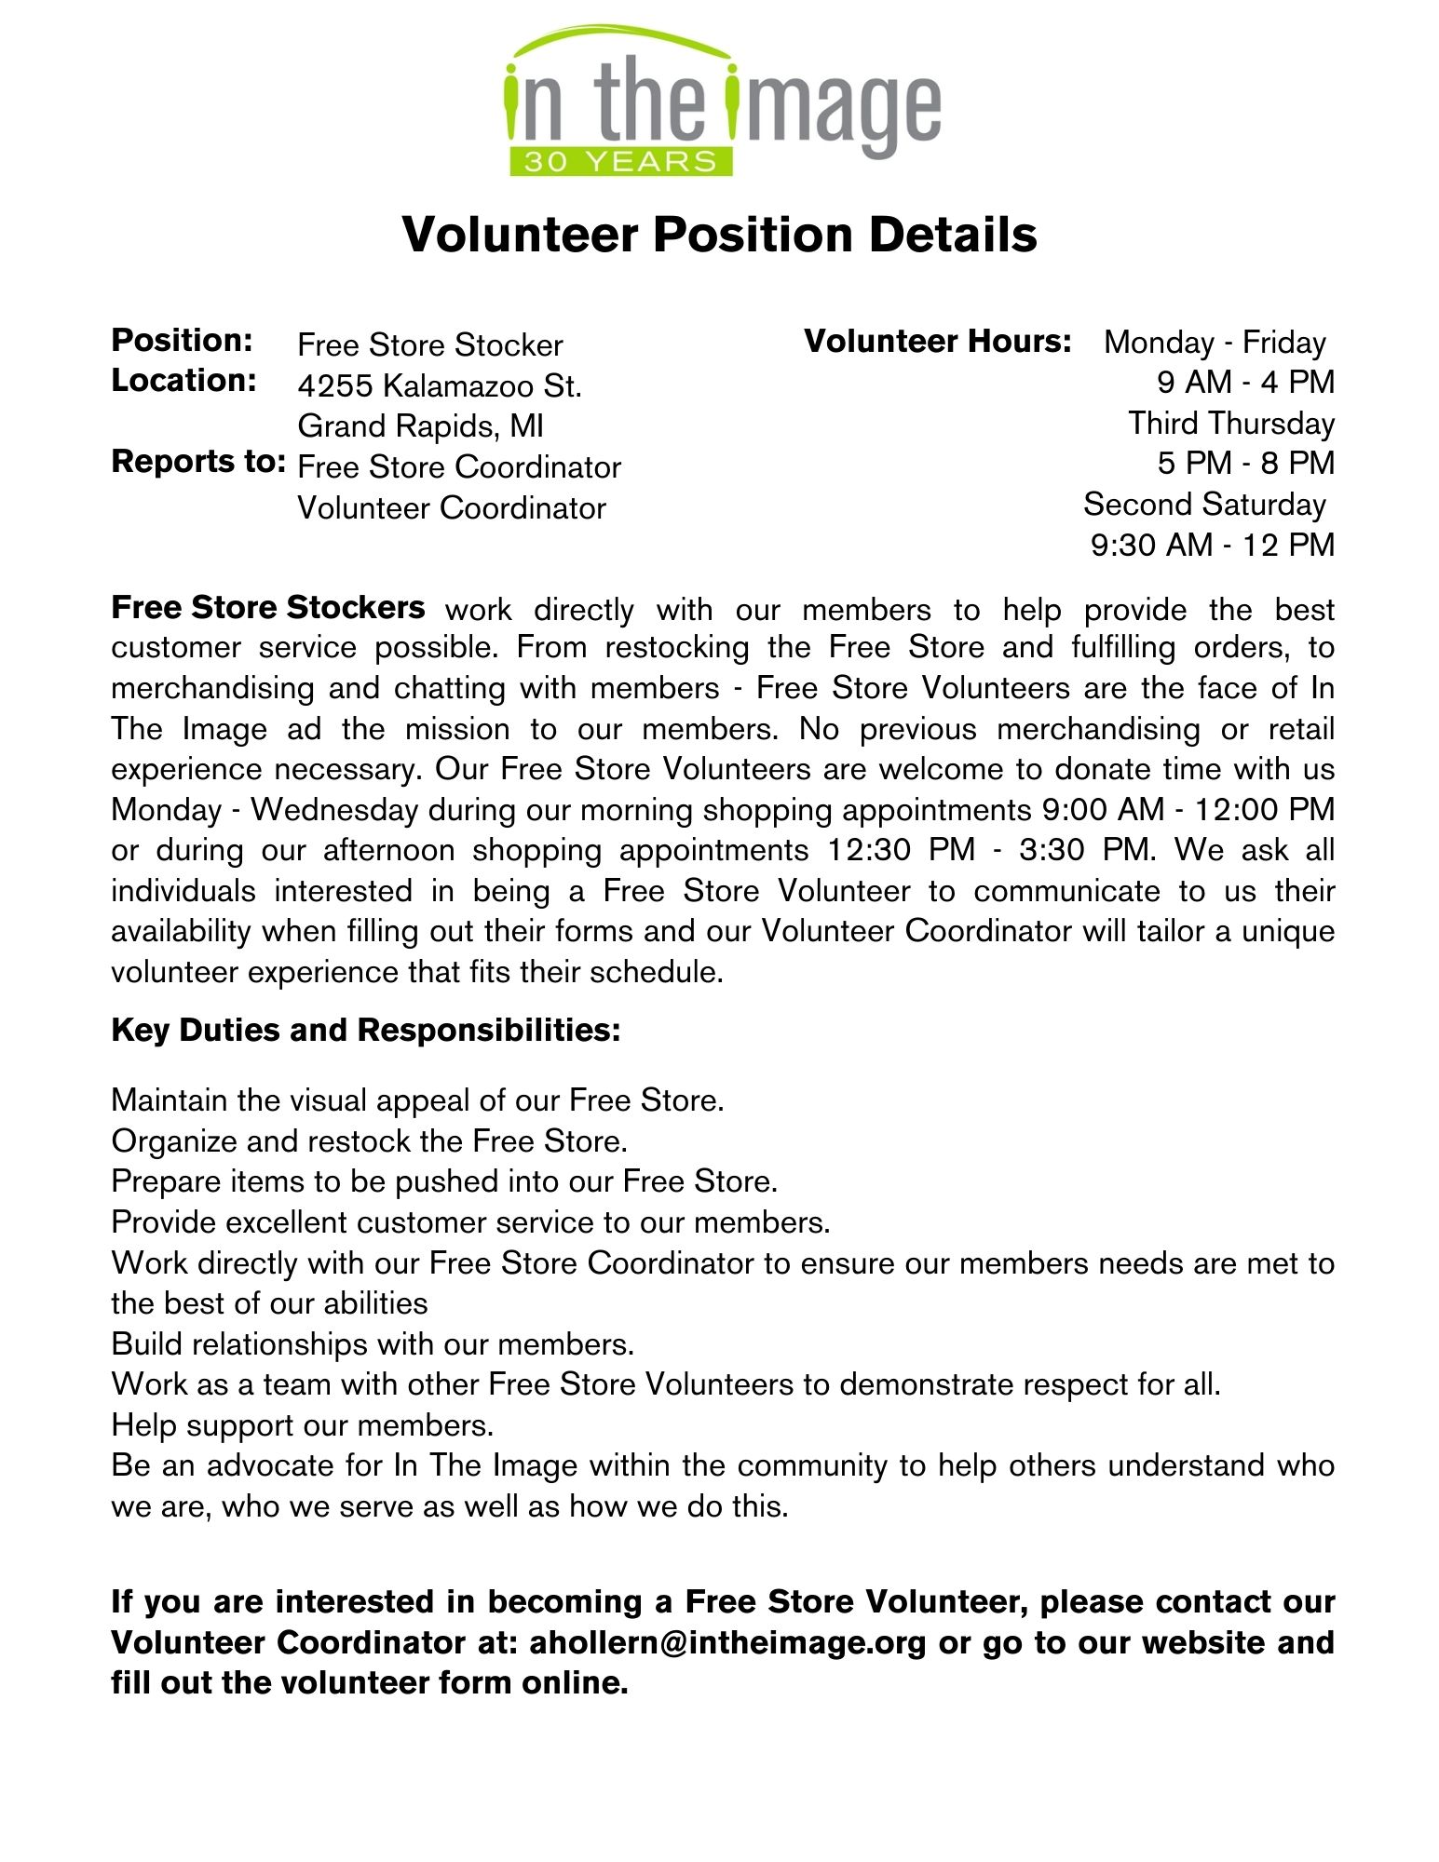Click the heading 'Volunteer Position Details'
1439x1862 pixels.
[719, 234]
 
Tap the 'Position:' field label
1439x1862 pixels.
[183, 341]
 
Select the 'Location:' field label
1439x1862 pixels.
[184, 381]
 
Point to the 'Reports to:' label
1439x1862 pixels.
[198, 462]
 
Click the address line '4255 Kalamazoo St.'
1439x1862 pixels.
[440, 385]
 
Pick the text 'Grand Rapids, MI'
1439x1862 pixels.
[420, 426]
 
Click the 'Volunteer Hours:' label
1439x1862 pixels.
[938, 342]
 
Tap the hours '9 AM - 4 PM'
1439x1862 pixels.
[1245, 382]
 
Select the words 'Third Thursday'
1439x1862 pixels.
[1231, 424]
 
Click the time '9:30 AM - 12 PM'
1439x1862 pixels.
[1213, 545]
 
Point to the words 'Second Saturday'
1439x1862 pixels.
[1204, 505]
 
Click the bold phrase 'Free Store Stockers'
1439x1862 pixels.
[268, 608]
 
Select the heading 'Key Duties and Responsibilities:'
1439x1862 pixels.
[366, 1031]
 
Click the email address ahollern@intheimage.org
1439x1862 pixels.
[727, 1642]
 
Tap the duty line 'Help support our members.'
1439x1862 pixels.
[303, 1425]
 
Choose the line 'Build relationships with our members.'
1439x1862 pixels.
[373, 1344]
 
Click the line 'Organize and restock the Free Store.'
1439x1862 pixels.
[369, 1141]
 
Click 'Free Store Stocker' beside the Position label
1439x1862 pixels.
[430, 345]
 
